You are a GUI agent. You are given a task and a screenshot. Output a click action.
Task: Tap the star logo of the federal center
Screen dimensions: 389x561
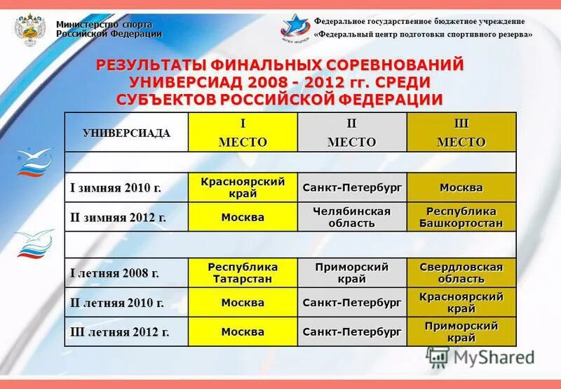295,27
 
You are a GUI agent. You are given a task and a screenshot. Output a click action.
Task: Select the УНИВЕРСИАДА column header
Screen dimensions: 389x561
126,133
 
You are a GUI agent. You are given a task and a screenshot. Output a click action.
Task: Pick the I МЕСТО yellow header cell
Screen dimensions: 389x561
243,133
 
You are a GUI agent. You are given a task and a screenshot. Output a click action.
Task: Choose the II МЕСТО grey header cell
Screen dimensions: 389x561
352,133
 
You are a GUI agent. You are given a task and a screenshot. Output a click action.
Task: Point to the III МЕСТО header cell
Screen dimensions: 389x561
461,133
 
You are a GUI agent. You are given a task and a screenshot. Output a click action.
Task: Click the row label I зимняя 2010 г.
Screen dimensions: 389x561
116,188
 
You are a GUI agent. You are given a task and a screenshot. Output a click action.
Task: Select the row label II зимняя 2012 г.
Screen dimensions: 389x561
118,218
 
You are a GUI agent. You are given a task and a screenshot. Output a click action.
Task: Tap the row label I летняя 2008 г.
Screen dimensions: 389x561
114,273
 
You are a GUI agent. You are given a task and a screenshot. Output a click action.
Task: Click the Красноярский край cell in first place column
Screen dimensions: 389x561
243,188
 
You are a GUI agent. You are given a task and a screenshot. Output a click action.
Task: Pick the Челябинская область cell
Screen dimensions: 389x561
352,218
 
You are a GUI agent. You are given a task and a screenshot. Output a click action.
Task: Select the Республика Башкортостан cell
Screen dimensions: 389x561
461,218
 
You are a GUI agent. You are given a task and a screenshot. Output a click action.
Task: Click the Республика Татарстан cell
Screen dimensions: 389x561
243,273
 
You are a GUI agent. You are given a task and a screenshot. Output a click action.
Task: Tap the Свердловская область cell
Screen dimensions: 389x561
461,273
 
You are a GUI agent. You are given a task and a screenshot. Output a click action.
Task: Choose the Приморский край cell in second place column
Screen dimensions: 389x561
352,273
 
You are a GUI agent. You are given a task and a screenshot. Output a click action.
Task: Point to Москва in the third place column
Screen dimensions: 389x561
461,188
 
